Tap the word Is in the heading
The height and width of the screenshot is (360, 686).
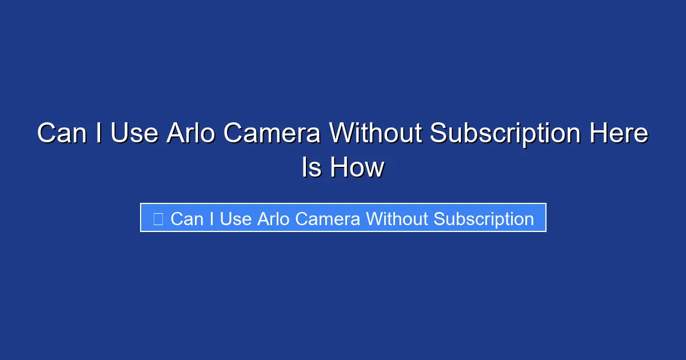312,168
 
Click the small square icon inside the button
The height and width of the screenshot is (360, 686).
158,218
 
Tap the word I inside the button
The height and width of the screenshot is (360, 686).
211,218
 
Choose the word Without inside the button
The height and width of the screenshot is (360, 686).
398,218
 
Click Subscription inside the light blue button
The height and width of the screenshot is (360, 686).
484,219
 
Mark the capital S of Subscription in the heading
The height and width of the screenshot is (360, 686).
439,134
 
